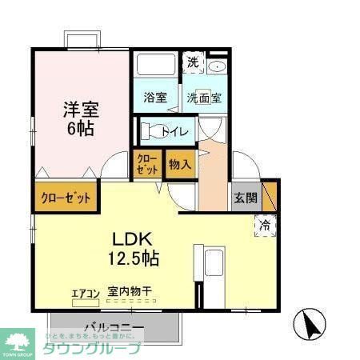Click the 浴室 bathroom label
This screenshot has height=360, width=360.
[x=155, y=98]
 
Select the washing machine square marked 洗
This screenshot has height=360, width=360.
[x=193, y=63]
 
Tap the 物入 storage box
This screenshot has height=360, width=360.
[x=179, y=165]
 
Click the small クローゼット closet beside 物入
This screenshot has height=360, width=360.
[x=147, y=165]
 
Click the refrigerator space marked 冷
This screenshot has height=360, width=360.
[x=264, y=225]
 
